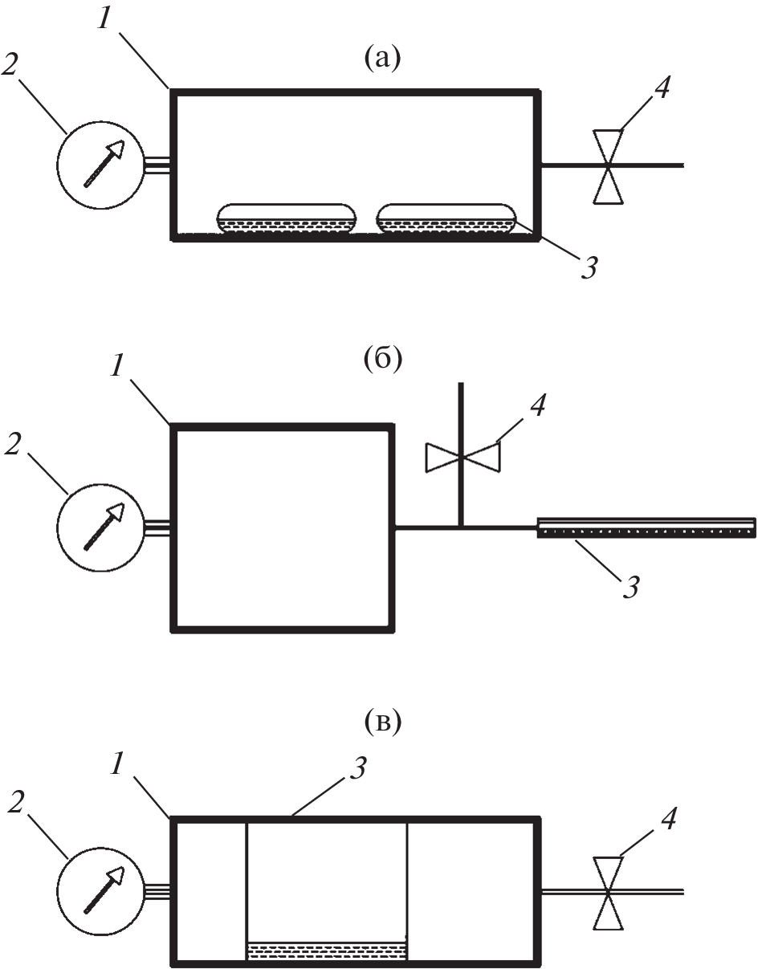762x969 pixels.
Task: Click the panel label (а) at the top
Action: (381, 59)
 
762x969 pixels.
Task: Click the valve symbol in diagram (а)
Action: (608, 165)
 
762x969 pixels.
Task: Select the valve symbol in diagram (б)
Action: (461, 457)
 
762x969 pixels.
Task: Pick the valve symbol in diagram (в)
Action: (608, 892)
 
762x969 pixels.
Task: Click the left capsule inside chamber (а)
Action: (286, 219)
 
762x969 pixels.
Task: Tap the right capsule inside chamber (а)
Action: (445, 219)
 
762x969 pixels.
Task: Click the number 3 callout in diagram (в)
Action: (359, 769)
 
